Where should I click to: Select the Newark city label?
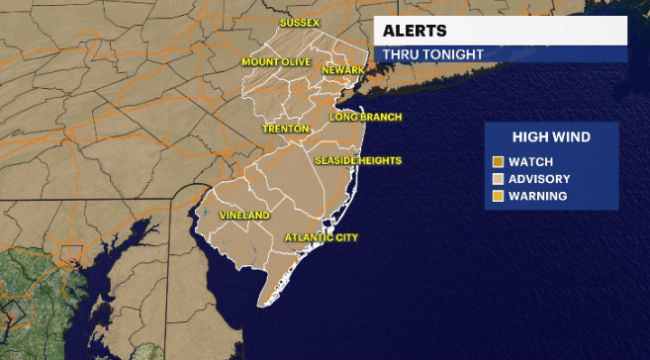pyautogui.click(x=343, y=70)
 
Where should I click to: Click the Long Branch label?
pyautogui.click(x=366, y=117)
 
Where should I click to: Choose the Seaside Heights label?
pyautogui.click(x=357, y=160)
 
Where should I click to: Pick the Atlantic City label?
pyautogui.click(x=321, y=237)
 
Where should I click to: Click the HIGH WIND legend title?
pyautogui.click(x=550, y=137)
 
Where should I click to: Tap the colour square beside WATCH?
pyautogui.click(x=499, y=161)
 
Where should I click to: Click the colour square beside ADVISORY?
pyautogui.click(x=499, y=178)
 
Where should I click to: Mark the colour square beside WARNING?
pyautogui.click(x=499, y=196)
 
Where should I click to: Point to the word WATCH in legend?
pyautogui.click(x=532, y=161)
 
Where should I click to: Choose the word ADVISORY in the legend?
pyautogui.click(x=540, y=178)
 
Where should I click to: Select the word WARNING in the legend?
pyautogui.click(x=539, y=196)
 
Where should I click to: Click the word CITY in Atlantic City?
pyautogui.click(x=341, y=237)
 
